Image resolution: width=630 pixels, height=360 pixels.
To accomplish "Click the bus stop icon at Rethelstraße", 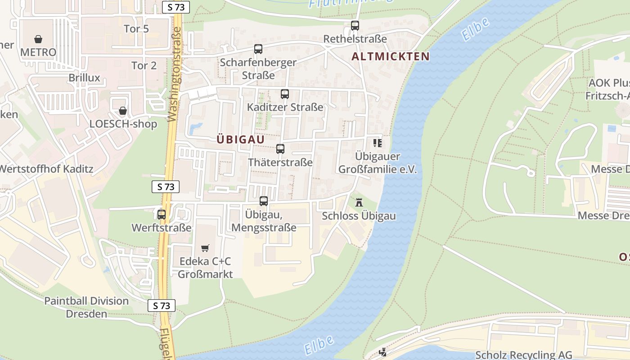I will pyautogui.click(x=355, y=26).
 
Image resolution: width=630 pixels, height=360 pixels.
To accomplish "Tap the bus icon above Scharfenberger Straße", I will pyautogui.click(x=258, y=49).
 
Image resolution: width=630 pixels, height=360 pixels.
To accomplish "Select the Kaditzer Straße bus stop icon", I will pyautogui.click(x=285, y=94).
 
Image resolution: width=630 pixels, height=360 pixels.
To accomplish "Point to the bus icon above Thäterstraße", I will pyautogui.click(x=280, y=149).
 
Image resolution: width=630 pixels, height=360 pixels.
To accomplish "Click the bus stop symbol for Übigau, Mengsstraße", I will pyautogui.click(x=264, y=201).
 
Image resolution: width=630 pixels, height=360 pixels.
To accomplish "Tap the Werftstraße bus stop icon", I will pyautogui.click(x=162, y=215).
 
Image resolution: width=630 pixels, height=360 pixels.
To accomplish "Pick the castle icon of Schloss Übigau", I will pyautogui.click(x=359, y=202).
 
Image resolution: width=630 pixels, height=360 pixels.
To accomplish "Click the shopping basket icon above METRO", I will pyautogui.click(x=38, y=39).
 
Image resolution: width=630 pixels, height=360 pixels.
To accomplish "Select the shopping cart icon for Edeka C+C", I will pyautogui.click(x=205, y=248).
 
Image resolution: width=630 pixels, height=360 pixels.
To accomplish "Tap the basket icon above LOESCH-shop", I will pyautogui.click(x=123, y=110).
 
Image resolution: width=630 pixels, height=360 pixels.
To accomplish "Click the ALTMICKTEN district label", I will pyautogui.click(x=390, y=57).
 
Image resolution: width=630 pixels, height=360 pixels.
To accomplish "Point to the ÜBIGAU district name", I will pyautogui.click(x=241, y=139).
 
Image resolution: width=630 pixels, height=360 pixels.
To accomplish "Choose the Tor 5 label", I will pyautogui.click(x=136, y=29).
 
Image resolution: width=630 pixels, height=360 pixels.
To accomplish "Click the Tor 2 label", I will pyautogui.click(x=144, y=65).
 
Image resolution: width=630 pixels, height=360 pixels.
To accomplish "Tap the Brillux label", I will pyautogui.click(x=84, y=78).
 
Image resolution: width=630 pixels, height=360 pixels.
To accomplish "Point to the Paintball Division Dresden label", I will pyautogui.click(x=86, y=307).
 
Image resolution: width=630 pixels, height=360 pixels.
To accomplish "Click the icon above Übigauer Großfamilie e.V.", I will pyautogui.click(x=377, y=143).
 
